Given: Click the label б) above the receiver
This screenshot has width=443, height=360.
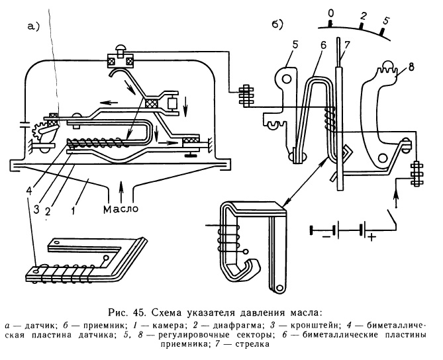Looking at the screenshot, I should pyautogui.click(x=279, y=24).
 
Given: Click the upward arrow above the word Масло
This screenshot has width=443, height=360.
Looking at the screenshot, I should pyautogui.click(x=120, y=192).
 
